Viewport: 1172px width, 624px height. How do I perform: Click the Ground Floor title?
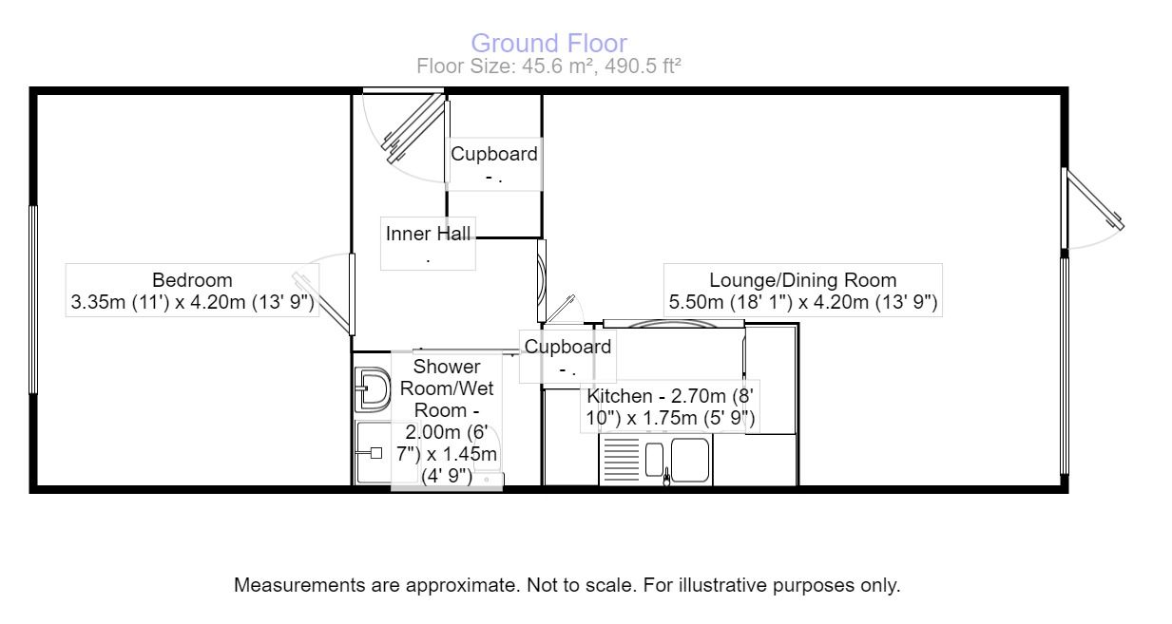[x=548, y=44]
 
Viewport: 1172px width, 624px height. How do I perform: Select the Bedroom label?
[x=192, y=280]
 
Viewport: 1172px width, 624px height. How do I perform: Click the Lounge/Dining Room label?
[x=802, y=280]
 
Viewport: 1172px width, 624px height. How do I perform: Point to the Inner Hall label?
[x=428, y=234]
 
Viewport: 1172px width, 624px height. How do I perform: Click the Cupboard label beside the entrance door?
[x=494, y=154]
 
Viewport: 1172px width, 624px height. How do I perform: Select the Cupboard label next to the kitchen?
[x=567, y=347]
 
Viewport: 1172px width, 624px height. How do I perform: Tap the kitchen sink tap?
[x=666, y=477]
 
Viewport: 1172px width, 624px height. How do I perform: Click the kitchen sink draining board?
[x=621, y=460]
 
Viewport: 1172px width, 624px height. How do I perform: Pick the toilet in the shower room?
[x=373, y=389]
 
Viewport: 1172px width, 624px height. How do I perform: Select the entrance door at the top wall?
[x=413, y=128]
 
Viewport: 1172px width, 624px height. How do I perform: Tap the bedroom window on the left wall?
[x=33, y=299]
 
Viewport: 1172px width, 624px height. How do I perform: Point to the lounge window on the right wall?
[x=1065, y=366]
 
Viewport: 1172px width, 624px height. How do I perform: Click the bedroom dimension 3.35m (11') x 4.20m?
[x=192, y=302]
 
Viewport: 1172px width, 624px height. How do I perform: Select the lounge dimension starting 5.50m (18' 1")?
[x=802, y=302]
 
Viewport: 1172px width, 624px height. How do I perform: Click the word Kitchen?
[x=620, y=396]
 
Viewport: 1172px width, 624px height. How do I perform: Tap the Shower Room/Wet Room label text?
[x=447, y=388]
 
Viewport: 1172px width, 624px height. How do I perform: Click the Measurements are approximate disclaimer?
[x=567, y=585]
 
